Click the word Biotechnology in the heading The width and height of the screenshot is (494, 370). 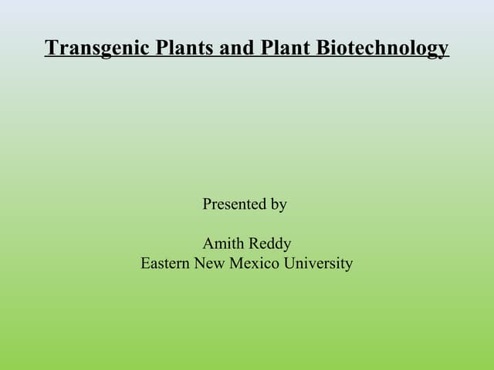point(381,49)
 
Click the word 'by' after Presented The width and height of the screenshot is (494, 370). point(279,205)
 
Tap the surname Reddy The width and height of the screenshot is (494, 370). point(270,244)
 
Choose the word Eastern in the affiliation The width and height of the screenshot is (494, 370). point(165,264)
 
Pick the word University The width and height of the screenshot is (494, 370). point(317,264)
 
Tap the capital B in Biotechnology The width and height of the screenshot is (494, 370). point(322,48)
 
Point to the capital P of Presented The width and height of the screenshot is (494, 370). point(207,204)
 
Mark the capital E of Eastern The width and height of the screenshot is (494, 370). point(145,264)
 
